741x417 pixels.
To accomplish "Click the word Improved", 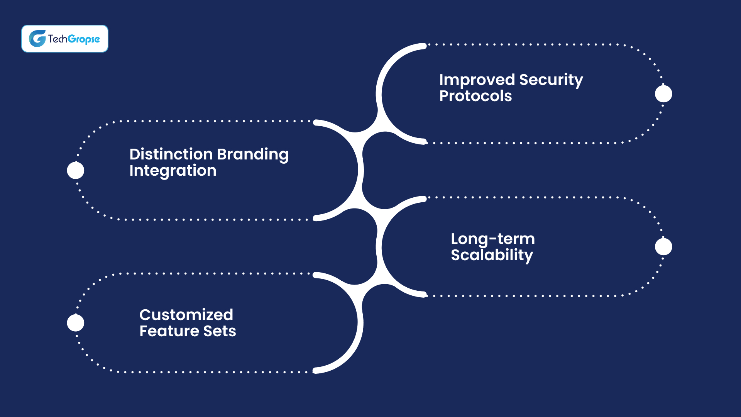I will coord(477,80).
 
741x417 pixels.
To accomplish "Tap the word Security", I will coord(551,80).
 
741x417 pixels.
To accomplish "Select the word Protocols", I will coord(475,96).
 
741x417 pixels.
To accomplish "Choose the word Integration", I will coord(173,171).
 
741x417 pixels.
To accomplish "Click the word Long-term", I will coord(493,239).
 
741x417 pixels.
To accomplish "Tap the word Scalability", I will coord(492,255).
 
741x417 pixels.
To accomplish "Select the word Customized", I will coord(186,315).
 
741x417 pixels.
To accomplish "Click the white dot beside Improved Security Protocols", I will coord(663,94).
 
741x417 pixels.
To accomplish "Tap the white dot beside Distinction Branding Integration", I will coord(76,171).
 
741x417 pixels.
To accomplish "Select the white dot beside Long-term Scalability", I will coord(663,247).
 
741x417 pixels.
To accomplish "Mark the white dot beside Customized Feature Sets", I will coord(76,323).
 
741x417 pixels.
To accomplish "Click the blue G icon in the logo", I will coord(37,39).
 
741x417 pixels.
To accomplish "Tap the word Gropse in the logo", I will coord(84,39).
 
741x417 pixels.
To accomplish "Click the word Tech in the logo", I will coord(58,39).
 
